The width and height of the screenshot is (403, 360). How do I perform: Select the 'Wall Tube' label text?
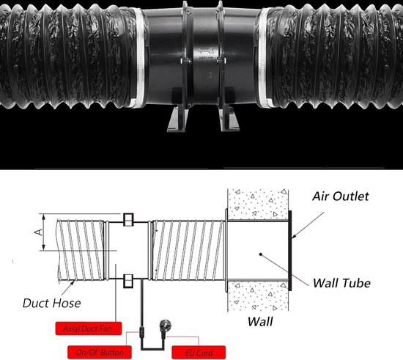coord(342,282)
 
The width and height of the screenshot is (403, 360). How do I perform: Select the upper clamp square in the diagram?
coord(127,219)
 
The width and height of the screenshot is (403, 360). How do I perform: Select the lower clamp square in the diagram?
coord(127,279)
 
